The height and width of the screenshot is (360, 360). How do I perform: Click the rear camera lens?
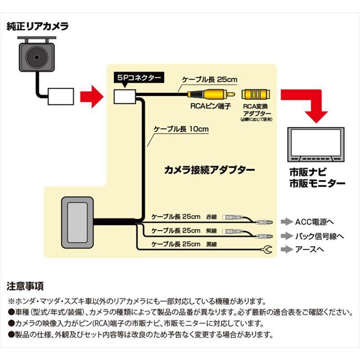35,57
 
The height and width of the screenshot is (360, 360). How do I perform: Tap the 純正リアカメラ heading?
38,26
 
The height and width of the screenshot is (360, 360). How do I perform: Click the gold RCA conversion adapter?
256,94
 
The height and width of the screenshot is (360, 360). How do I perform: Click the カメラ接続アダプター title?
210,170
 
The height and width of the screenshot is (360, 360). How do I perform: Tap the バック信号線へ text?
320,235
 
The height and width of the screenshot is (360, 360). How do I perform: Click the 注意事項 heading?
25,286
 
